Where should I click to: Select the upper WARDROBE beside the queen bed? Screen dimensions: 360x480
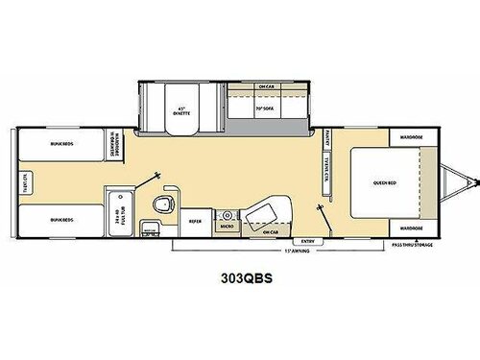point(406,135)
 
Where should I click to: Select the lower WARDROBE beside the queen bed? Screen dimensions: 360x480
point(406,228)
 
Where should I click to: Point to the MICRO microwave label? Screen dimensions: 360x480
point(227,227)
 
